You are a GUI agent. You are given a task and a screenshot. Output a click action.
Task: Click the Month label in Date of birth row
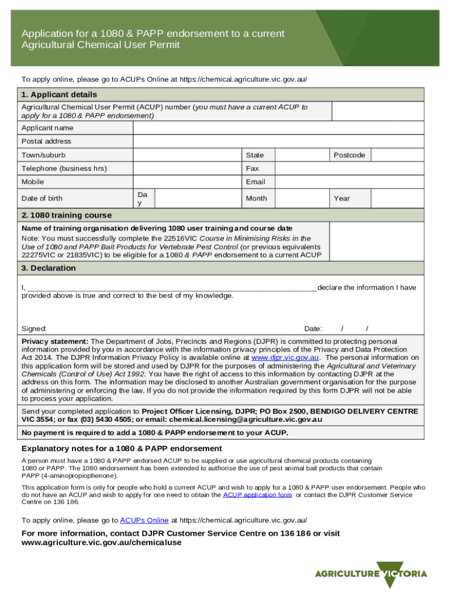coord(257,198)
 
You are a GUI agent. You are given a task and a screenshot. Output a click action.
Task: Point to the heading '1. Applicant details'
coord(59,95)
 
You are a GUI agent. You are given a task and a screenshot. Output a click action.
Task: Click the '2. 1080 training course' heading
coord(67,215)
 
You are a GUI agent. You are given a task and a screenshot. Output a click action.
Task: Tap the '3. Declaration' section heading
coord(49,268)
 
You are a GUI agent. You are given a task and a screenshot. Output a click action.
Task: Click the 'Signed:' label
coord(34,329)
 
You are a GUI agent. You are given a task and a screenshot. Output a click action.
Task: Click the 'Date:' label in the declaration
coord(313,329)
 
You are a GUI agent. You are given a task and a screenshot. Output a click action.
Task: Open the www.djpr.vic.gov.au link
coord(285,357)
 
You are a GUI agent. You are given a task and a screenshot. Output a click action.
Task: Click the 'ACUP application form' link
coord(257,495)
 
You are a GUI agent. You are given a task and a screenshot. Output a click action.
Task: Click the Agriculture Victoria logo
coord(371,573)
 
